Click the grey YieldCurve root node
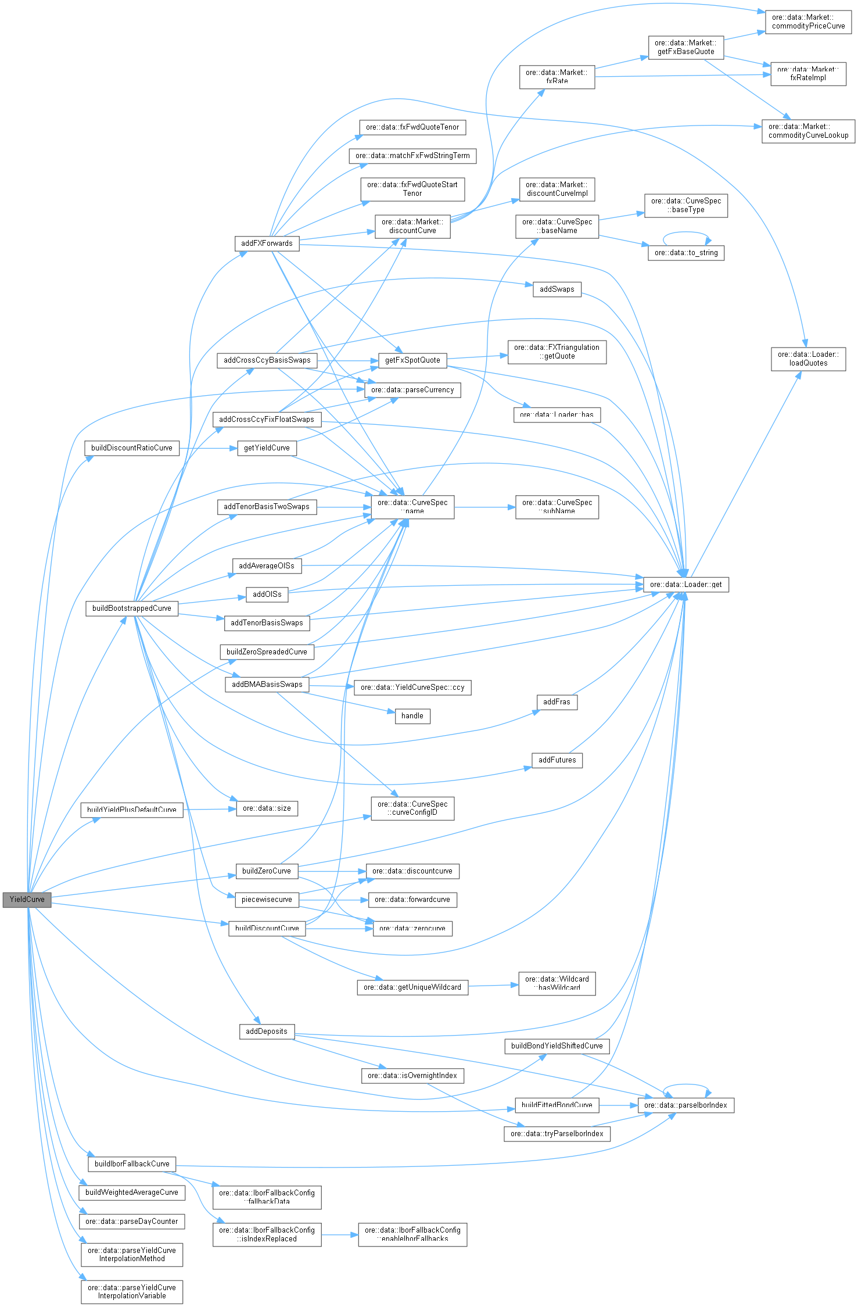pos(27,899)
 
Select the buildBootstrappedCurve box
pos(132,608)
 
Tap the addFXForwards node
pos(267,243)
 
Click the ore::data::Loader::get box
pos(685,584)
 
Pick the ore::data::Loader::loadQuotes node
pos(808,359)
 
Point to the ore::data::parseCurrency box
pos(412,390)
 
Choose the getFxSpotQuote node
pos(412,360)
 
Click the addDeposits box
pos(266,1031)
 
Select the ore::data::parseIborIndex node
pos(685,1105)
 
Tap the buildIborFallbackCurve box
pos(132,1163)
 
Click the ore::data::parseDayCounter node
pos(132,1221)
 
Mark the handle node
pos(412,715)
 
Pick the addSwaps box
pos(557,289)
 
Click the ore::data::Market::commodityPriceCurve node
pos(808,22)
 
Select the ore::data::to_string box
pos(685,253)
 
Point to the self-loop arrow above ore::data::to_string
pos(686,233)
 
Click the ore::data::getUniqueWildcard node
pos(412,987)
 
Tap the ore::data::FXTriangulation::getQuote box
pos(557,352)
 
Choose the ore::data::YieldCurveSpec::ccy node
pos(412,687)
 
